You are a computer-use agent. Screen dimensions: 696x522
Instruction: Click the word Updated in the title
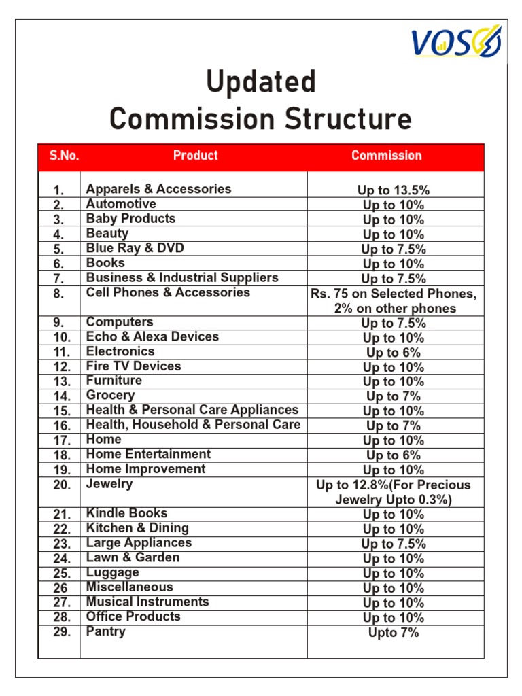pyautogui.click(x=261, y=82)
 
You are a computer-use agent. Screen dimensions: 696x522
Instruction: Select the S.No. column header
pyautogui.click(x=64, y=156)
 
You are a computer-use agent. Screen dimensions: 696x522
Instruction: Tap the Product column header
pyautogui.click(x=195, y=156)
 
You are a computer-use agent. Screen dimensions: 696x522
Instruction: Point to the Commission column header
pyautogui.click(x=386, y=156)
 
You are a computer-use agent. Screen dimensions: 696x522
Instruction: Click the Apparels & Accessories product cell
pyautogui.click(x=158, y=189)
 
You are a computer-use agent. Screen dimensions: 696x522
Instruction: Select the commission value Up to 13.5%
pyautogui.click(x=394, y=190)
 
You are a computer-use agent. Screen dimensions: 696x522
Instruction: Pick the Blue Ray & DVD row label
pyautogui.click(x=135, y=248)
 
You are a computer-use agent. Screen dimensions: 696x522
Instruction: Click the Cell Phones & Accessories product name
pyautogui.click(x=168, y=292)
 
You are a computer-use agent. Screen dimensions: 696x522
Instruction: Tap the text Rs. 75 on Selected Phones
pyautogui.click(x=394, y=294)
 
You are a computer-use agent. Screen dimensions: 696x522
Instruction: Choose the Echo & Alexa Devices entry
pyautogui.click(x=152, y=336)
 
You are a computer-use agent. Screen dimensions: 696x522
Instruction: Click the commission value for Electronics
pyautogui.click(x=394, y=353)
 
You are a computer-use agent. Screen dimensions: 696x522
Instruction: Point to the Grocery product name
pyautogui.click(x=110, y=395)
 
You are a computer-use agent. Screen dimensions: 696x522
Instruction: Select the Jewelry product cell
pyautogui.click(x=109, y=484)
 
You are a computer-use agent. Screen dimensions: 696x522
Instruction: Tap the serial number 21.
pyautogui.click(x=63, y=515)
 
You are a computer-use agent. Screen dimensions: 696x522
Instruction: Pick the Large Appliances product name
pyautogui.click(x=139, y=542)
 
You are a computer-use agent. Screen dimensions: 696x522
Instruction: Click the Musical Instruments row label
pyautogui.click(x=147, y=602)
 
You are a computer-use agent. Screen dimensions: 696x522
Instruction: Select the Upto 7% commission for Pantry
pyautogui.click(x=394, y=633)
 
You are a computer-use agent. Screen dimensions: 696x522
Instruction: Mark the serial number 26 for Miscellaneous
pyautogui.click(x=61, y=588)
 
